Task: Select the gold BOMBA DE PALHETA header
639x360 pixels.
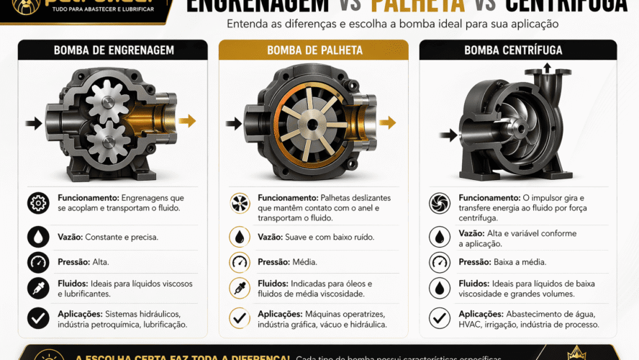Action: click(x=314, y=50)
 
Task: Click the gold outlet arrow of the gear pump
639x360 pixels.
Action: click(x=187, y=121)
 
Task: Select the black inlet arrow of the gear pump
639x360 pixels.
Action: click(x=33, y=123)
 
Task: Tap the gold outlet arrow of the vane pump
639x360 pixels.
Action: click(x=387, y=122)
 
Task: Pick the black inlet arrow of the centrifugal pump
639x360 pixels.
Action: click(x=449, y=135)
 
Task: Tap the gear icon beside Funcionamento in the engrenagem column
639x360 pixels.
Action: click(x=38, y=203)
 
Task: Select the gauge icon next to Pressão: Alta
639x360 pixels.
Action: click(x=38, y=262)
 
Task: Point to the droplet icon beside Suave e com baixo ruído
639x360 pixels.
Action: click(x=239, y=237)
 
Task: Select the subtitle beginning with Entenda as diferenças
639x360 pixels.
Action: click(x=392, y=24)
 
